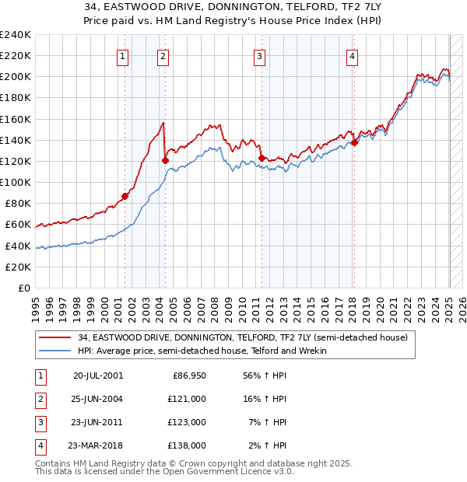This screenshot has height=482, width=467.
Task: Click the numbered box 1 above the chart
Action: [x=124, y=55]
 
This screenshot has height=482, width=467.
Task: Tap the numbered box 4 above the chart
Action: [x=353, y=55]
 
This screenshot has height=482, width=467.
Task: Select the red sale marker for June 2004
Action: [x=165, y=161]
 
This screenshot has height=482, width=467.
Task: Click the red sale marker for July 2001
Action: [x=125, y=196]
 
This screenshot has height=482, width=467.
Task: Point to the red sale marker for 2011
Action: [x=261, y=159]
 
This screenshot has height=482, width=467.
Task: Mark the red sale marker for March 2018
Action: [x=354, y=142]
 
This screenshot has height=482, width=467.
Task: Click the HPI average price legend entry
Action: [x=202, y=351]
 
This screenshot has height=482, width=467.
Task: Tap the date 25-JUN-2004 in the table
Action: [x=98, y=399]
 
